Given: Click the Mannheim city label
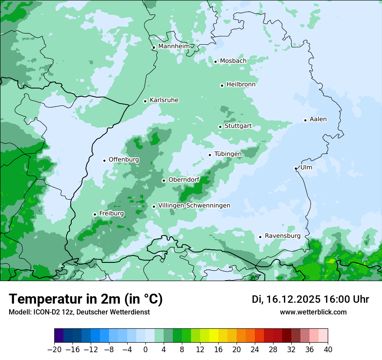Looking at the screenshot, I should [x=174, y=46].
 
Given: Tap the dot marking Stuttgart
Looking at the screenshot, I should [x=220, y=127].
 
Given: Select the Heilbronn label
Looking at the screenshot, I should [x=241, y=85].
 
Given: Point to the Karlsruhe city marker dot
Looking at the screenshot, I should [x=145, y=101].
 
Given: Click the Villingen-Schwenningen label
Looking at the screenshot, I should [x=194, y=206].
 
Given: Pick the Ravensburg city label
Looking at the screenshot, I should [x=282, y=236].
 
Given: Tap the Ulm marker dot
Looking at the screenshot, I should [x=296, y=168].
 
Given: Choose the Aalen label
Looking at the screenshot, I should [x=318, y=119].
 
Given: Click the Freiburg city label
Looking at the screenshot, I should [x=111, y=213].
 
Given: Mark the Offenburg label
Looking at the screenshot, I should [x=124, y=160].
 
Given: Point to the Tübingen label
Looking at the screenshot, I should [x=228, y=154].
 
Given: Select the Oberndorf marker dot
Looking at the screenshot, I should [x=164, y=180].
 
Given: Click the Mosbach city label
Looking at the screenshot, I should [x=233, y=61].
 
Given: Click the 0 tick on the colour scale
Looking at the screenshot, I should [x=145, y=350].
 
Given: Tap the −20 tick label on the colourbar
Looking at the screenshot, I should [x=54, y=350].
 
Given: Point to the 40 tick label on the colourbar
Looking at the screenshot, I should [x=328, y=350].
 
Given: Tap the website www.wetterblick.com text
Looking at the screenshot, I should [x=313, y=312].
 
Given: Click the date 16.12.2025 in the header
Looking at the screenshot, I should [x=293, y=299].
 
